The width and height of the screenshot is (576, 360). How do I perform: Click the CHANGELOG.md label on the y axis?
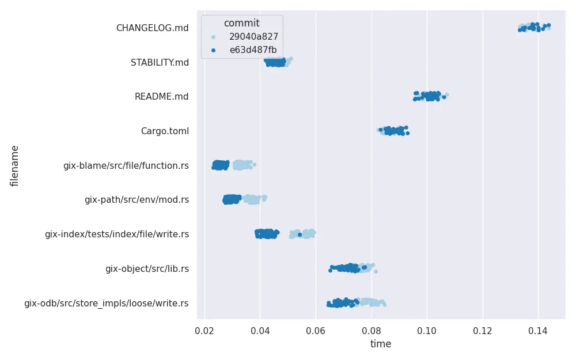152,28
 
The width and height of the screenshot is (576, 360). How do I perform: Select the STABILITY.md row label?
160,62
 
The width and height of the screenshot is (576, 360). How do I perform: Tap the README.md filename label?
161,97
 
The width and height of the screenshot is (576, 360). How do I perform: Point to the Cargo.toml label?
165,131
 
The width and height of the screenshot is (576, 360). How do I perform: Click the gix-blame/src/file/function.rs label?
126,166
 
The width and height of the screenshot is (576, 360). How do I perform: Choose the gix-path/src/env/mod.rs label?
137,200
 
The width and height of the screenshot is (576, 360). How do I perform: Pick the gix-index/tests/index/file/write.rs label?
116,234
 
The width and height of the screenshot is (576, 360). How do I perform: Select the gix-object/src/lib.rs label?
147,269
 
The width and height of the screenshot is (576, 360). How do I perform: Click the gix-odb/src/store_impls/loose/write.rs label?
106,304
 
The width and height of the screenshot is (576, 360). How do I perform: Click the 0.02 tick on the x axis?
204,331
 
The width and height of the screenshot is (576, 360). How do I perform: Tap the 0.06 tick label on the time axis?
316,331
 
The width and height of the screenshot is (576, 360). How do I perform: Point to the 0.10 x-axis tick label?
427,331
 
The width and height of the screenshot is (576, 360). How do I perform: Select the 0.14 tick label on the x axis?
538,331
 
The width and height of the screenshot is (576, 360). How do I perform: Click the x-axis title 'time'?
381,344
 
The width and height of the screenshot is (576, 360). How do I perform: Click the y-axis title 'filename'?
15,166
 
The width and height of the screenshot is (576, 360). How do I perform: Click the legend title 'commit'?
241,24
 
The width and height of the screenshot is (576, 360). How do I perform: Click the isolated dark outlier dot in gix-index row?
300,234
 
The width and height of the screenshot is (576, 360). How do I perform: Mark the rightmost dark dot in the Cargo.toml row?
407,133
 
